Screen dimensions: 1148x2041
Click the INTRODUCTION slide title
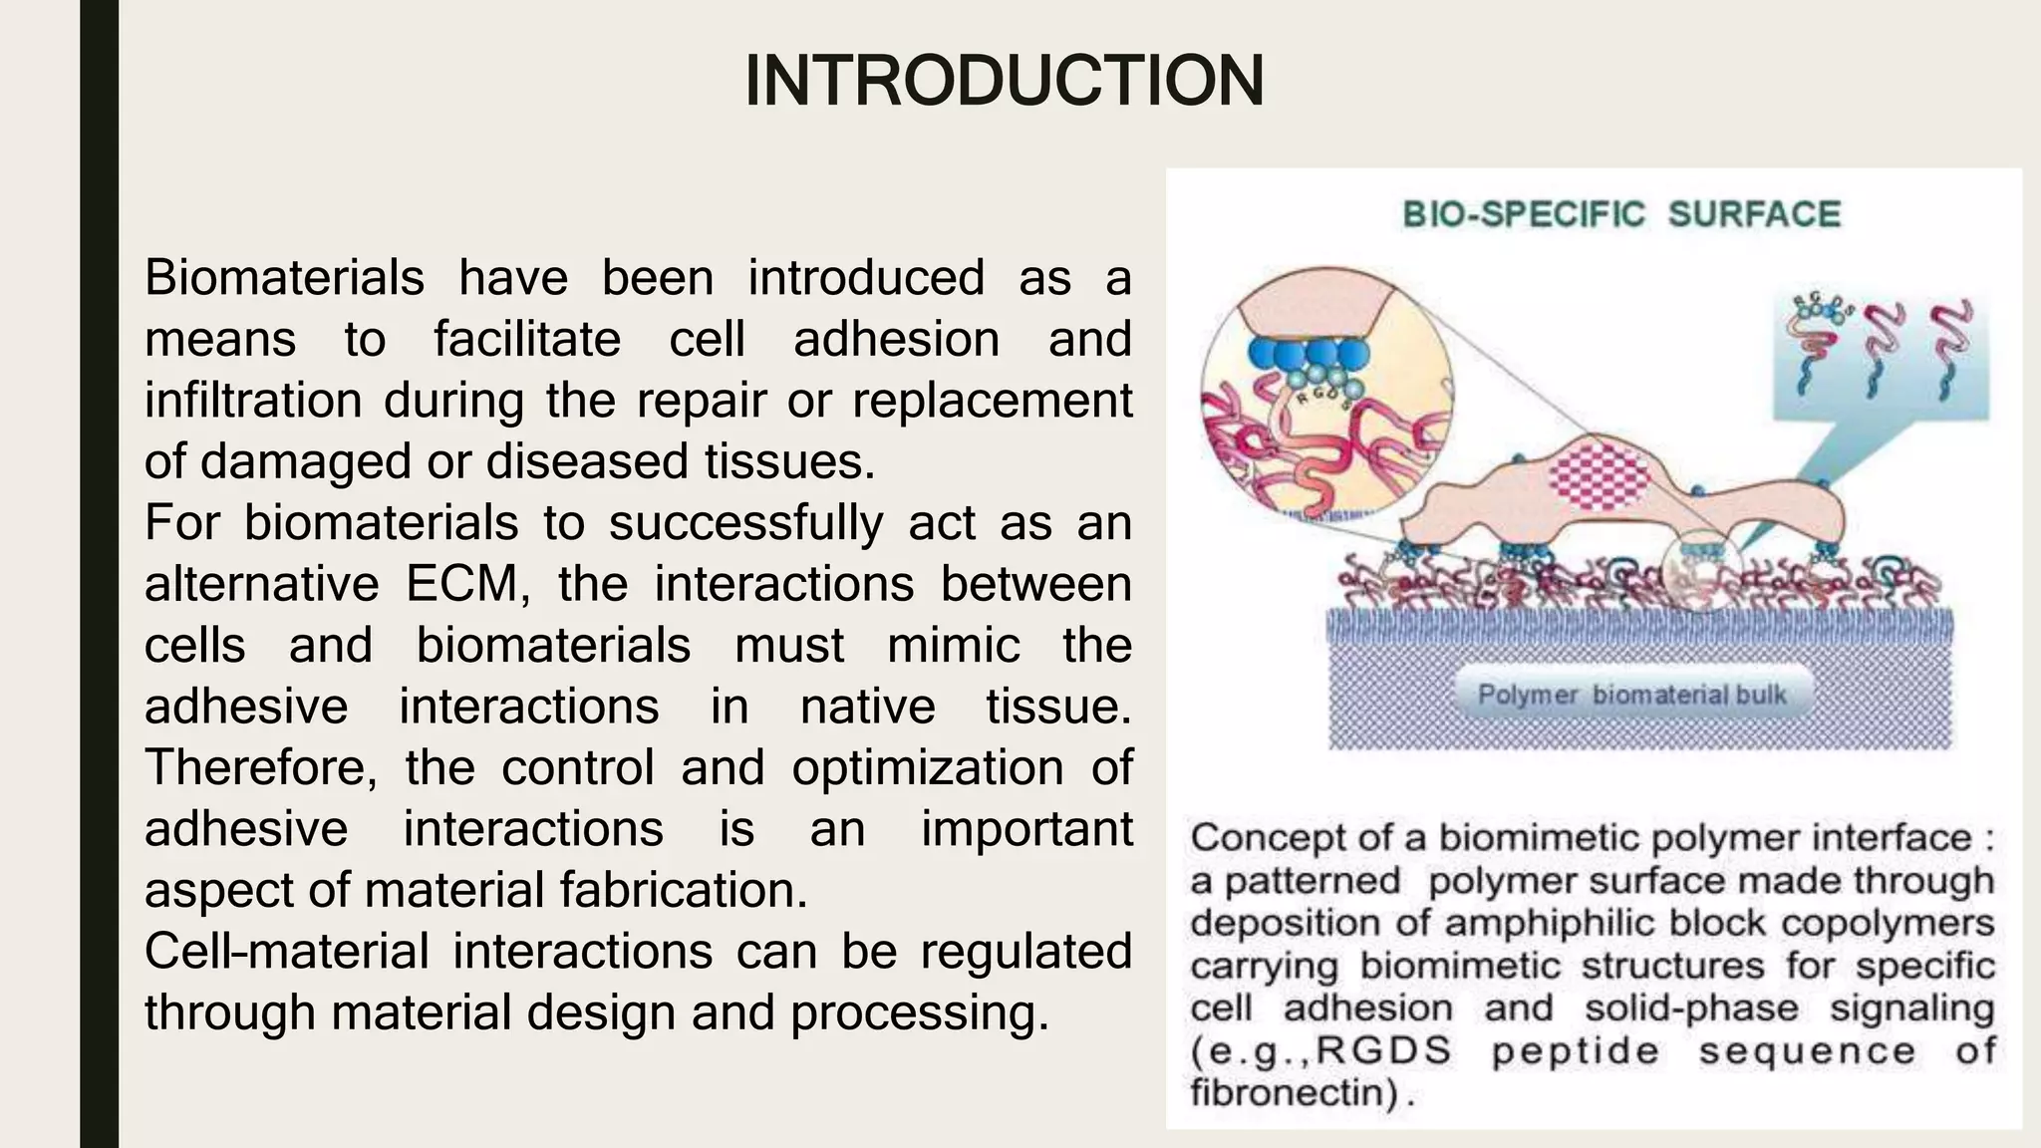point(1004,81)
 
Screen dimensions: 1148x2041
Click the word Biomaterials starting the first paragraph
point(284,278)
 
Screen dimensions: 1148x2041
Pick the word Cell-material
point(286,952)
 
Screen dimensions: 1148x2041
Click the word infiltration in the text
point(253,401)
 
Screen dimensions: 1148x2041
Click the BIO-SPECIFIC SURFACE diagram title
point(1620,214)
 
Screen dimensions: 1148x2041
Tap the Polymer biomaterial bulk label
point(1631,695)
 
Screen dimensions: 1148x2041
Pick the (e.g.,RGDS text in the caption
point(1320,1051)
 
